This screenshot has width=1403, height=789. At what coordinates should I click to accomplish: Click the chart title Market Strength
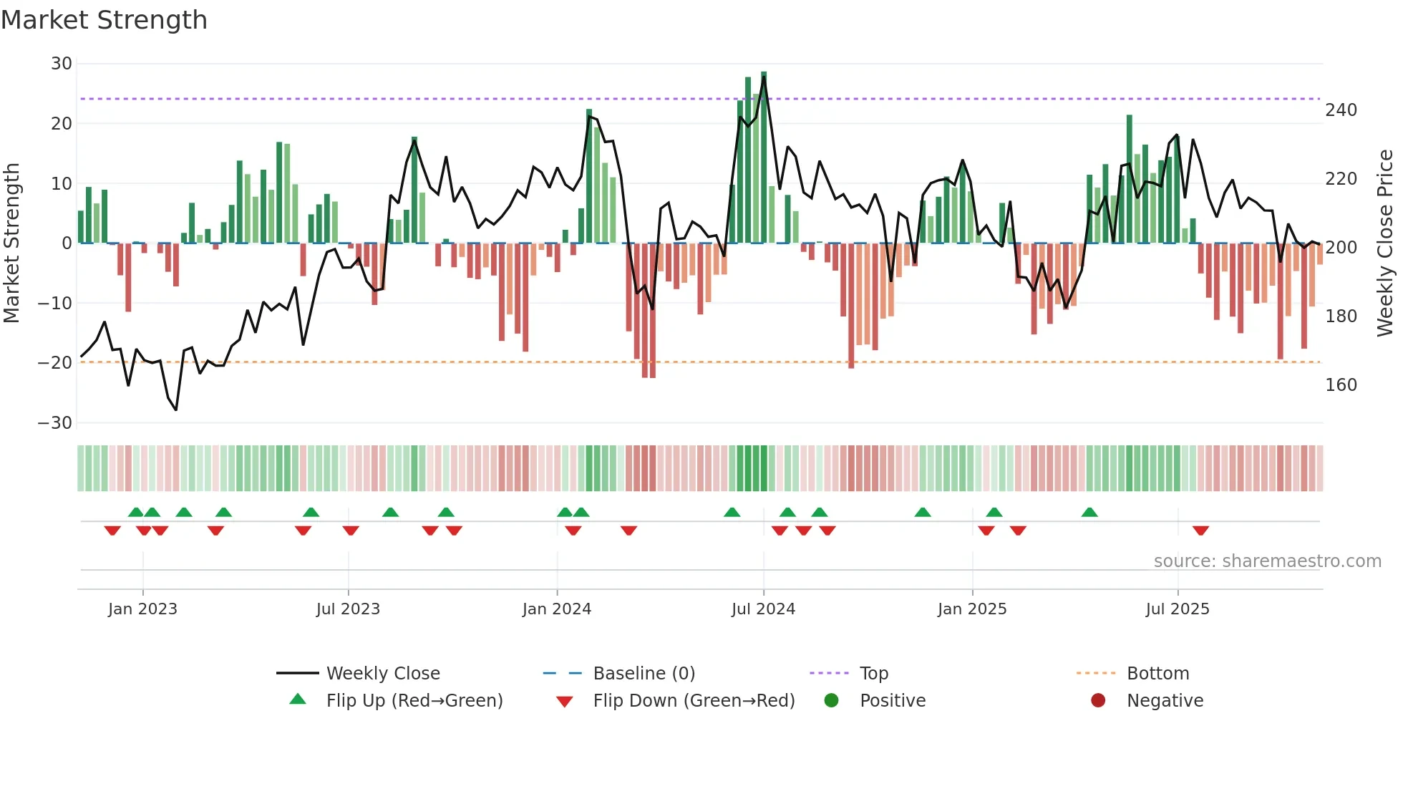[x=104, y=20]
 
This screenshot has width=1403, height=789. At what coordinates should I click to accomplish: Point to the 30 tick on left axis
[x=62, y=64]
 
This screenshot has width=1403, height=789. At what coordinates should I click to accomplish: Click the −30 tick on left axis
[x=55, y=423]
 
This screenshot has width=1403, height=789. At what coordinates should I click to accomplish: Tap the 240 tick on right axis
[x=1341, y=110]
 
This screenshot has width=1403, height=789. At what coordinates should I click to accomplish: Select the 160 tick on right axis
[x=1341, y=385]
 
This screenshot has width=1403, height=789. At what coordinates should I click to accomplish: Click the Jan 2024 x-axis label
[x=557, y=609]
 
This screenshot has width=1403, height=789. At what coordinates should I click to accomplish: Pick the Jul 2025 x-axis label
[x=1178, y=609]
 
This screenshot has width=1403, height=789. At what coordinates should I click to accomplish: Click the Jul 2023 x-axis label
[x=348, y=609]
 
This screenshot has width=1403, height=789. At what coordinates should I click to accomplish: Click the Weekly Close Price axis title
[x=1385, y=243]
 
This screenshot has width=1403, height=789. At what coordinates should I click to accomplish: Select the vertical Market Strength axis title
[x=11, y=243]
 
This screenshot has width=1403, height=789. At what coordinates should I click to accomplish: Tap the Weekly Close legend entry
[x=382, y=674]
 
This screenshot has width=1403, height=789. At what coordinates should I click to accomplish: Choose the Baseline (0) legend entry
[x=644, y=674]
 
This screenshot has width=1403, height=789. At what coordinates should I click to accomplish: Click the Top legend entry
[x=873, y=674]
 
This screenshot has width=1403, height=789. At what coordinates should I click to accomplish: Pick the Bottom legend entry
[x=1157, y=674]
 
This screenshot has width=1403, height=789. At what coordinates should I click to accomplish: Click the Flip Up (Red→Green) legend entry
[x=414, y=701]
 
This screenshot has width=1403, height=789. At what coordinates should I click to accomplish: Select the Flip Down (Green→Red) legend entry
[x=694, y=701]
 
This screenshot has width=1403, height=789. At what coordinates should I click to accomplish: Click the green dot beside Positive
[x=831, y=701]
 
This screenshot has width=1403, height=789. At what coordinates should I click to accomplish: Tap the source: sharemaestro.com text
[x=1267, y=561]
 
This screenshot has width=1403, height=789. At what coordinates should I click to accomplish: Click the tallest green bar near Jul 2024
[x=764, y=158]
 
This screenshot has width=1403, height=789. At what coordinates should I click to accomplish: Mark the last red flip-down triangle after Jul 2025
[x=1200, y=531]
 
